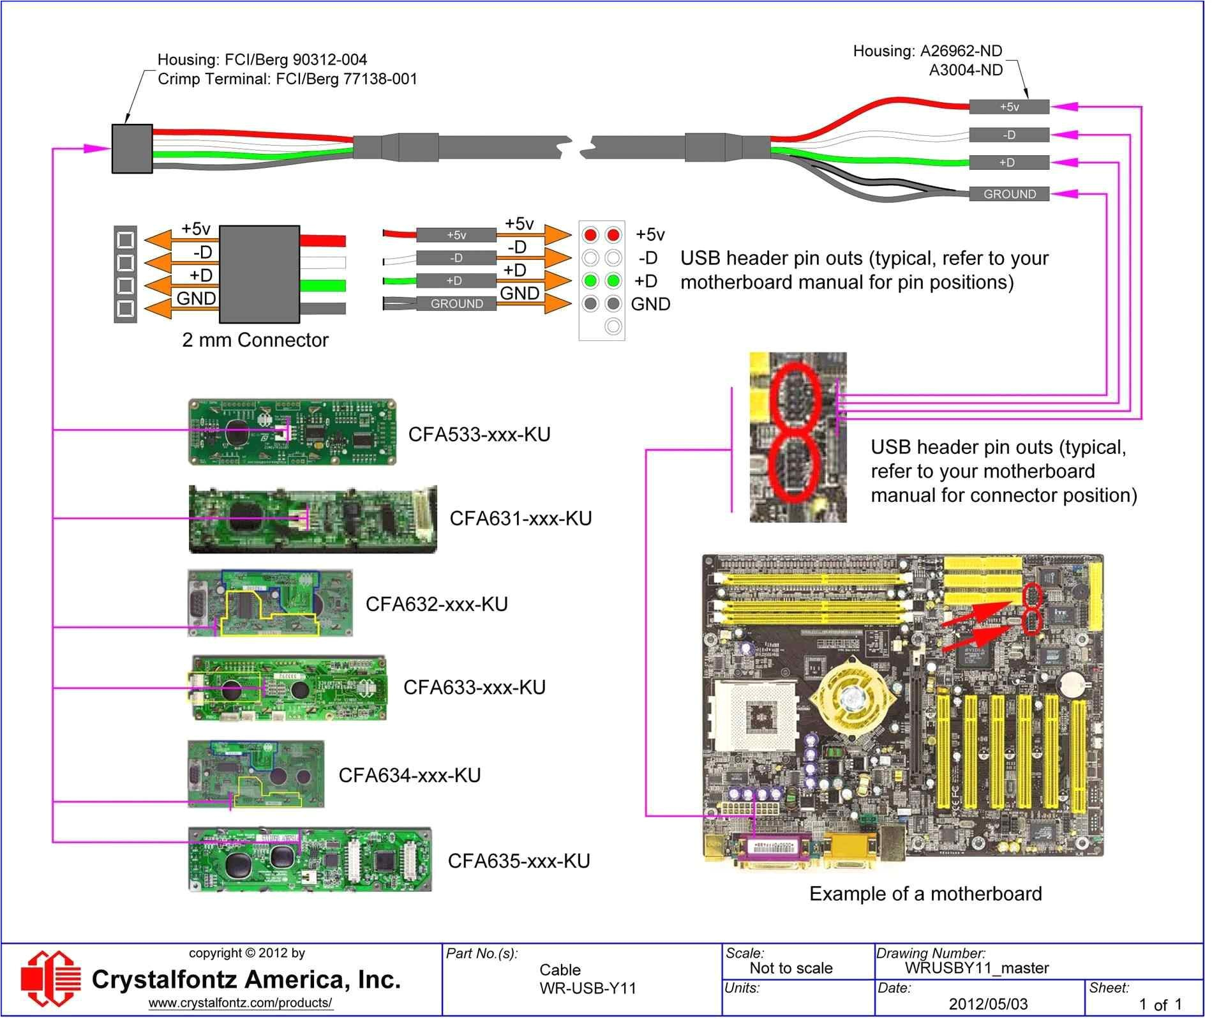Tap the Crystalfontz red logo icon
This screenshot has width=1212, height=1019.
pyautogui.click(x=51, y=981)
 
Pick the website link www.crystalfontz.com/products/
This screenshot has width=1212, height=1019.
pyautogui.click(x=241, y=1003)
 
